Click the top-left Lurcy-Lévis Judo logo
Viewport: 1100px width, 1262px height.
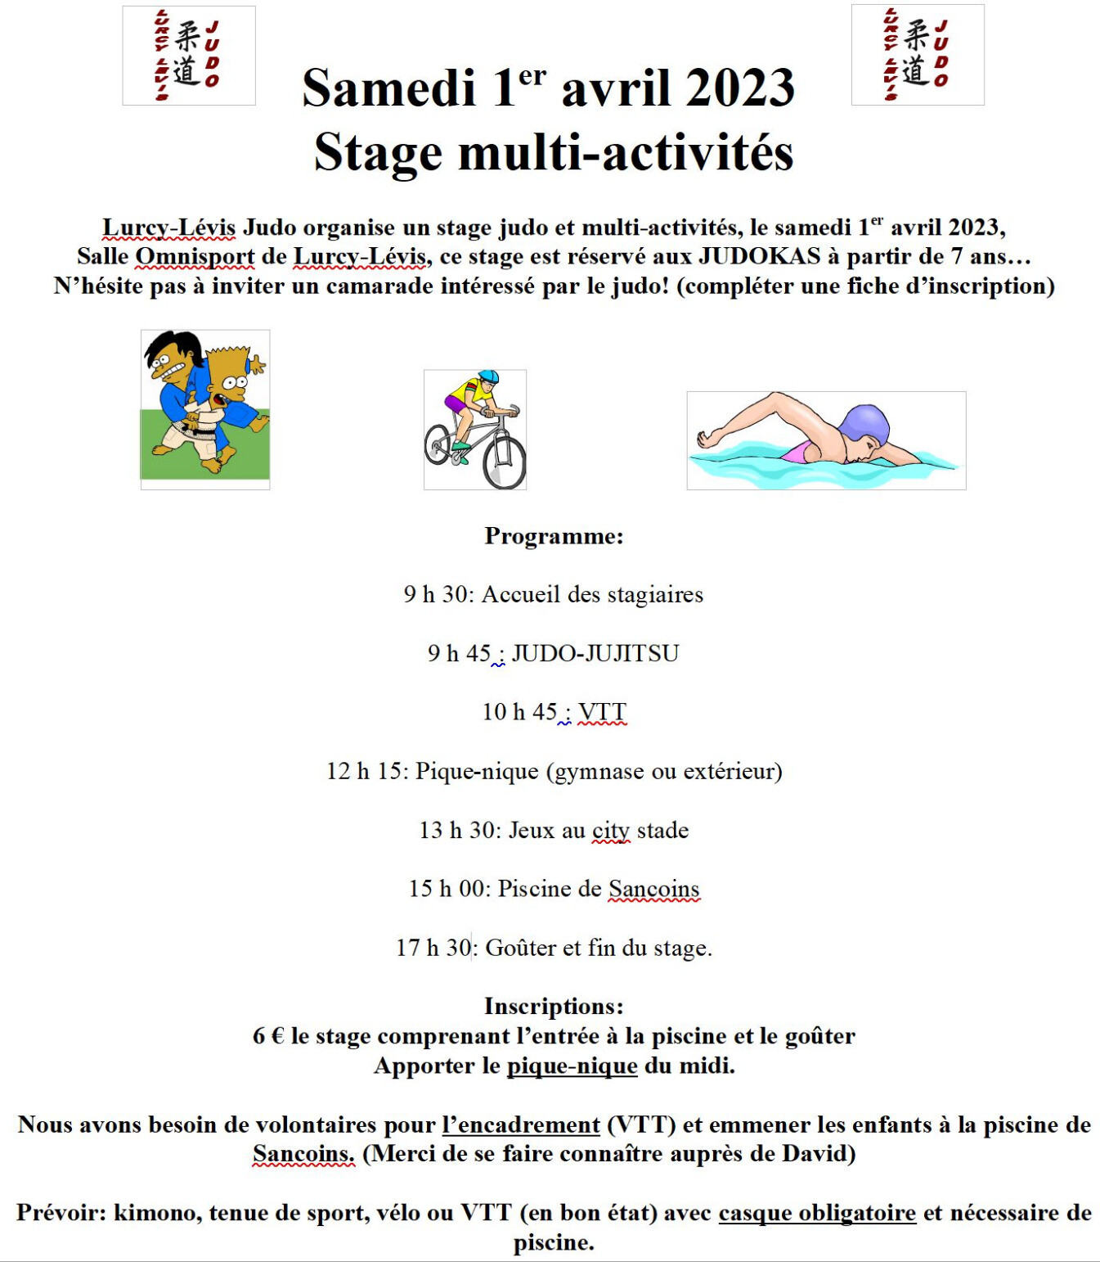189,56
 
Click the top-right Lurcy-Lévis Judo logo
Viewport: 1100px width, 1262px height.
918,55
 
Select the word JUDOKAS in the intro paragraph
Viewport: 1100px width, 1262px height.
759,257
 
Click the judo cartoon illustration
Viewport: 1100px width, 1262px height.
205,409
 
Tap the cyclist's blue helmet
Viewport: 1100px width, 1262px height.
488,376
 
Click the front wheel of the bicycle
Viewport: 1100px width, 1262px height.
505,462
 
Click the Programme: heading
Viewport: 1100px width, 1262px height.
554,536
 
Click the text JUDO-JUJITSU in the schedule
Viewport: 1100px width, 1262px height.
595,654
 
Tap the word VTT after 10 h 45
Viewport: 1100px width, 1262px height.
603,713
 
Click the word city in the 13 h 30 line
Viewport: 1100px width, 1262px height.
611,831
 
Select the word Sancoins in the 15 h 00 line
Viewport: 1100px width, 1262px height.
654,890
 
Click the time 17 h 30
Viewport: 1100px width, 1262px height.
433,949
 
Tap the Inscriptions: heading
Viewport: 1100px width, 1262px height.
554,1006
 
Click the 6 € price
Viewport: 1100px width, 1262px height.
268,1037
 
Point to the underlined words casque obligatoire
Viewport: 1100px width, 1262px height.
817,1213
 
